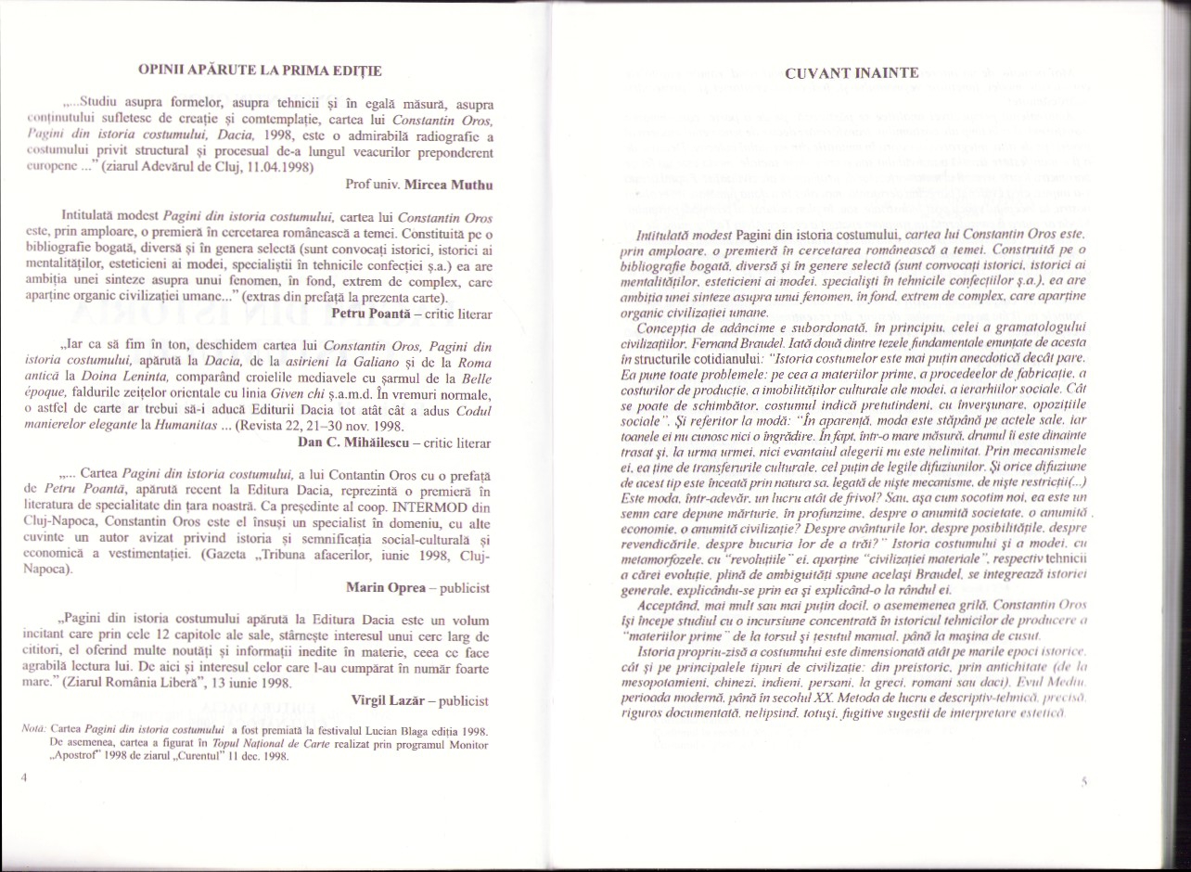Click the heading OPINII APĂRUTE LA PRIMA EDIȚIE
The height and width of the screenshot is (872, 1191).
pyautogui.click(x=259, y=70)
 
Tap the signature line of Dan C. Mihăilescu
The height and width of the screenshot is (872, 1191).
pyautogui.click(x=394, y=442)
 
